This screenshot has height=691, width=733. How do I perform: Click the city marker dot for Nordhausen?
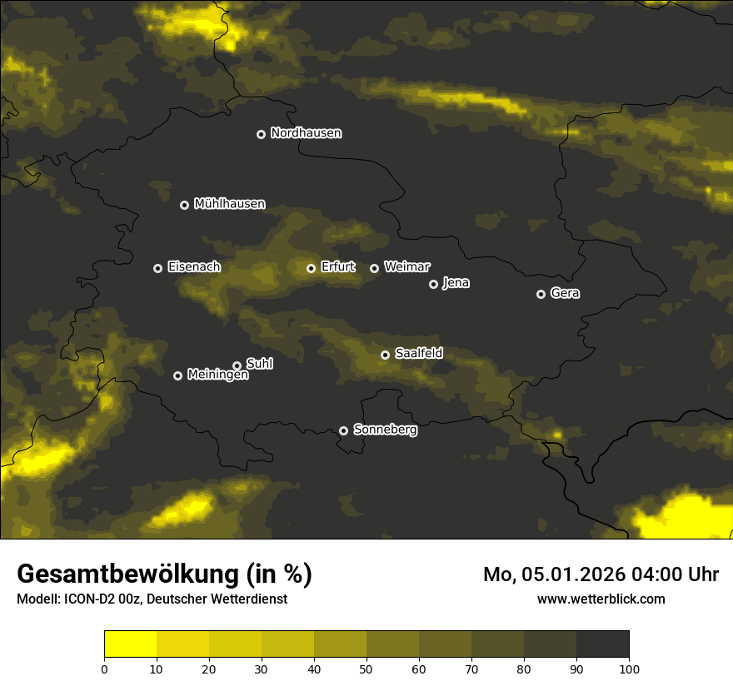(261, 134)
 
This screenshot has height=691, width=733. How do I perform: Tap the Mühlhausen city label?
(229, 204)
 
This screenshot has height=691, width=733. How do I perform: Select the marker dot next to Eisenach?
(157, 268)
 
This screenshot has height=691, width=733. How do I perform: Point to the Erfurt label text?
(337, 267)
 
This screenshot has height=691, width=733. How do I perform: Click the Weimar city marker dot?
(374, 268)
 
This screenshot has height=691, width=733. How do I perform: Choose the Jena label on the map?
(456, 283)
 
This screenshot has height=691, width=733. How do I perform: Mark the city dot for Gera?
(541, 294)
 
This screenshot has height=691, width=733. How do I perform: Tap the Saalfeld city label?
(418, 354)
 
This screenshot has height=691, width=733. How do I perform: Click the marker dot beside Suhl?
(237, 365)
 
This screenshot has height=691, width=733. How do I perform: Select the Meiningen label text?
(217, 375)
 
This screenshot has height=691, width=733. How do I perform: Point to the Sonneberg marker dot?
(343, 430)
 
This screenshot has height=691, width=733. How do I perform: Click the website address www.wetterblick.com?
(601, 599)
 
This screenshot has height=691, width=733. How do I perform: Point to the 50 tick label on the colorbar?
(366, 669)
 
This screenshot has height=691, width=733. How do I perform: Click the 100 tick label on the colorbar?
(629, 669)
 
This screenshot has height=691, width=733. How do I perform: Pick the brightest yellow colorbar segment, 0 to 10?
(130, 644)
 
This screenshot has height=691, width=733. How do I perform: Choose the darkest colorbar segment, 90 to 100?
(602, 644)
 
